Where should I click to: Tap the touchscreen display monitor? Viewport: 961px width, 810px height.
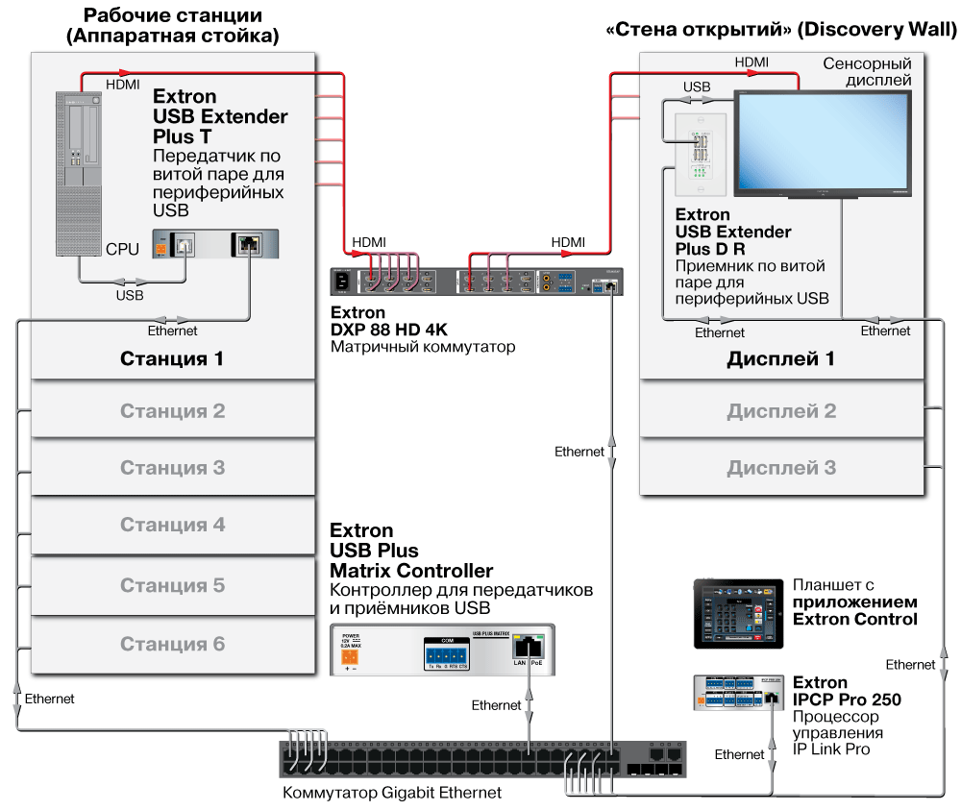[x=823, y=141]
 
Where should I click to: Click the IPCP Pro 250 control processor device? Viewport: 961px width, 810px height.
[x=738, y=693]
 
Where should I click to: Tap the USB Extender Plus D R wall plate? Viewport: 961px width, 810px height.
[x=699, y=149]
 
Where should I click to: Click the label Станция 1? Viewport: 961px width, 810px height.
[x=172, y=359]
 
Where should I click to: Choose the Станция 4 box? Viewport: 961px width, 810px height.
[x=173, y=526]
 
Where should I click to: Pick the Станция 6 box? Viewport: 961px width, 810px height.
[x=173, y=644]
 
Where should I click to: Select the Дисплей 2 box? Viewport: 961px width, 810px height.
[x=780, y=411]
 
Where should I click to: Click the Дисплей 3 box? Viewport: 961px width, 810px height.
[x=780, y=468]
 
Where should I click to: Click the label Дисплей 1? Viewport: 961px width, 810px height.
[x=780, y=359]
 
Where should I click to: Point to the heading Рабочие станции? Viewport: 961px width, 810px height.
[x=172, y=15]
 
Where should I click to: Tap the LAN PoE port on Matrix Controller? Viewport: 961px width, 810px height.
[x=529, y=646]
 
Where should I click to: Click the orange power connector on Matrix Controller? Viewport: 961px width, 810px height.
[x=352, y=657]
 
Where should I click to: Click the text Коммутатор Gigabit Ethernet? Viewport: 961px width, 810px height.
[x=392, y=793]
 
